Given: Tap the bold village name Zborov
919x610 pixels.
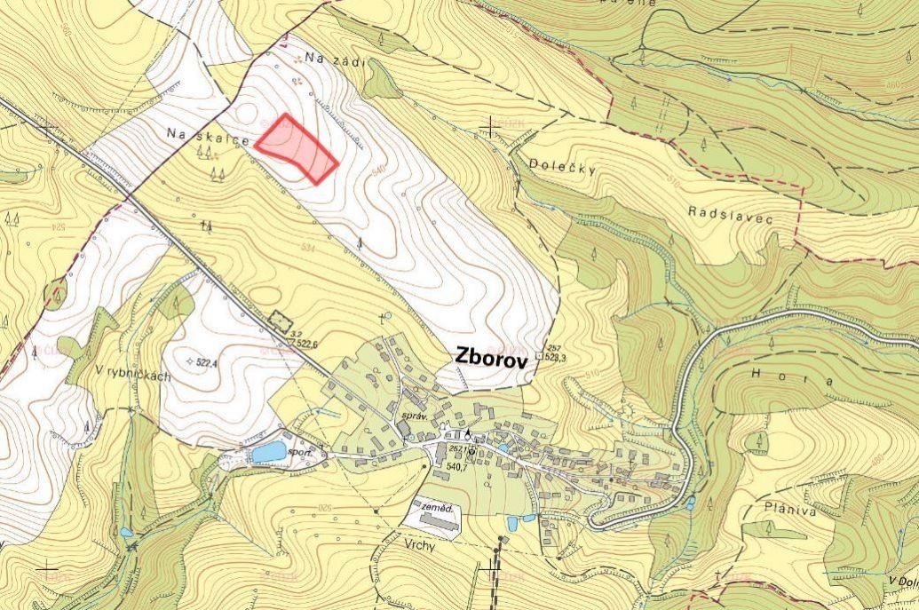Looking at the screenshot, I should pyautogui.click(x=491, y=356).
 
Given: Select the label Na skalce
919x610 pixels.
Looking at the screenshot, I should pyautogui.click(x=195, y=134).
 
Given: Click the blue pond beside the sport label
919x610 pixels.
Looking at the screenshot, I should pyautogui.click(x=268, y=452).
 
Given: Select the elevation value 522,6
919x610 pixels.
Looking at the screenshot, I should pyautogui.click(x=307, y=344).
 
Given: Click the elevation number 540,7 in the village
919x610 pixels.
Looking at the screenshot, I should pyautogui.click(x=456, y=467).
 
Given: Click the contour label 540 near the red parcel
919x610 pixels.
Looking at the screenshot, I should pyautogui.click(x=380, y=169).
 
